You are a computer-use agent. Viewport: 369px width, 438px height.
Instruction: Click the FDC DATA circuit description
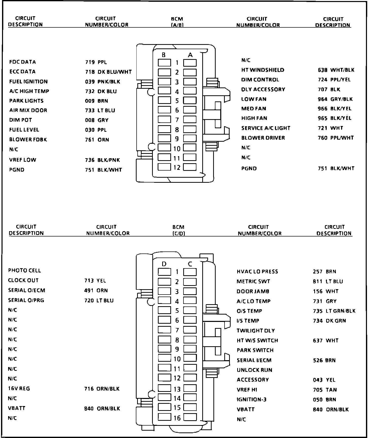23,62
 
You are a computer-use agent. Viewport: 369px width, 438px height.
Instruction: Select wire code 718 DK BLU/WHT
108,72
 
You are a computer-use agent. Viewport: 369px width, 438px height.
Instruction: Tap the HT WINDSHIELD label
263,70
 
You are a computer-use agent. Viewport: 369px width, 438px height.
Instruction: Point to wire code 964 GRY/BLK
335,99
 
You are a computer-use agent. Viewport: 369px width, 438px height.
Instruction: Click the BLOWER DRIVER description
263,138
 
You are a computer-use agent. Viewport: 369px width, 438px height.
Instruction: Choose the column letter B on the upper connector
164,55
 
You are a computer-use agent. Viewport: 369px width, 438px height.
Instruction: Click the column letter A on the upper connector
190,55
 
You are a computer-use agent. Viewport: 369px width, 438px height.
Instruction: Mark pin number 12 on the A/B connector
177,167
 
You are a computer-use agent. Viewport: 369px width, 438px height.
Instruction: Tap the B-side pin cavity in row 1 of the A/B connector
164,63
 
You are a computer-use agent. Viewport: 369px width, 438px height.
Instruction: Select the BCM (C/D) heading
178,230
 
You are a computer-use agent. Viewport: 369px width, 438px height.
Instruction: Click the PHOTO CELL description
24,270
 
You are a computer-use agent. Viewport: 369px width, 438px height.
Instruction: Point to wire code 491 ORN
96,290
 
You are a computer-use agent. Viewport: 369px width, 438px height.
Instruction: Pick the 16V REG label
19,389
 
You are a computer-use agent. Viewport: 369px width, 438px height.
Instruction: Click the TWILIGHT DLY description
255,331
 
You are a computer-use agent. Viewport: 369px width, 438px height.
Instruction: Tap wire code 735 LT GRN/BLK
334,311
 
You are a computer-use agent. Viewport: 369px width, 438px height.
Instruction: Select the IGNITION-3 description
251,399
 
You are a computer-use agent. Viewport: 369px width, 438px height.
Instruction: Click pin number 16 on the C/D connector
177,418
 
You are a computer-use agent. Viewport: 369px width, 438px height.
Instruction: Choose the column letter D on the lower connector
164,264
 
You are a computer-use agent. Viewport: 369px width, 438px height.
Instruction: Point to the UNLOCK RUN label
254,370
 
